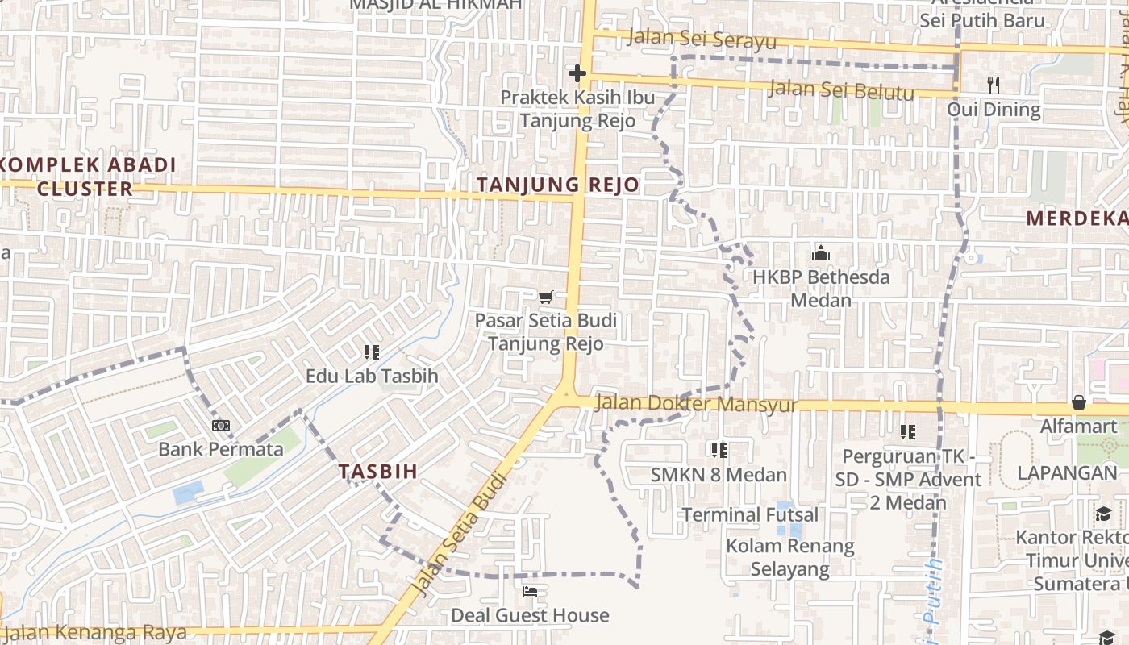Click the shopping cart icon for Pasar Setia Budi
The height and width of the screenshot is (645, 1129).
click(x=546, y=298)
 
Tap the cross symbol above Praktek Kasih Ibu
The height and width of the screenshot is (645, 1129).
click(x=577, y=74)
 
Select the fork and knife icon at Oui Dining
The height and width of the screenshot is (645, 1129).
click(x=994, y=85)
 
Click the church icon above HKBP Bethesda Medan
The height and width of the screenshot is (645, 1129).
click(x=821, y=253)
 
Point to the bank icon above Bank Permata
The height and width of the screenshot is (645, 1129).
click(x=220, y=425)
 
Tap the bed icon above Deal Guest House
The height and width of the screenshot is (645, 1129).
click(x=529, y=592)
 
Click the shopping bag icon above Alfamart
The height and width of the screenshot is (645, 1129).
click(x=1078, y=402)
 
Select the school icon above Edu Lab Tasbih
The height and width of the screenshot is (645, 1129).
click(x=371, y=352)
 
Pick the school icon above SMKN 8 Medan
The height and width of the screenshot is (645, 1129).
click(x=719, y=450)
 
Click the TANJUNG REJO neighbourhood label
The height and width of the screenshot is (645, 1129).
click(x=557, y=185)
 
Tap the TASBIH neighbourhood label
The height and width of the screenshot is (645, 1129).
click(x=378, y=472)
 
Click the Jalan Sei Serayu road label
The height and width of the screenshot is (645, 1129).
click(x=701, y=39)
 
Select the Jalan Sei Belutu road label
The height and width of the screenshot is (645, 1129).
click(x=841, y=89)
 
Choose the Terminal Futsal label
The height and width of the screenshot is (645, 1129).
click(x=750, y=514)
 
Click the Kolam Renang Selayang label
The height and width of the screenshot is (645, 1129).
click(x=789, y=557)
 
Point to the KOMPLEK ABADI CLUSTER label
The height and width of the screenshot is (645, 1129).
click(x=85, y=177)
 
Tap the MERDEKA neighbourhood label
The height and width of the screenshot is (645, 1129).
click(x=1077, y=218)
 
